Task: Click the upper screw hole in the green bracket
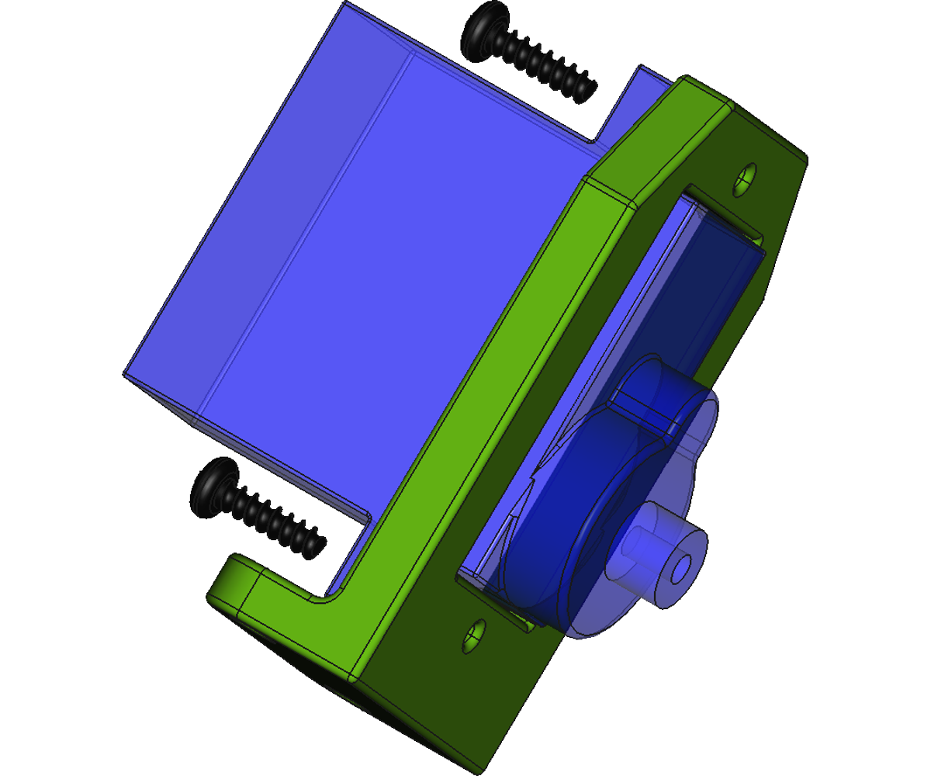(746, 179)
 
